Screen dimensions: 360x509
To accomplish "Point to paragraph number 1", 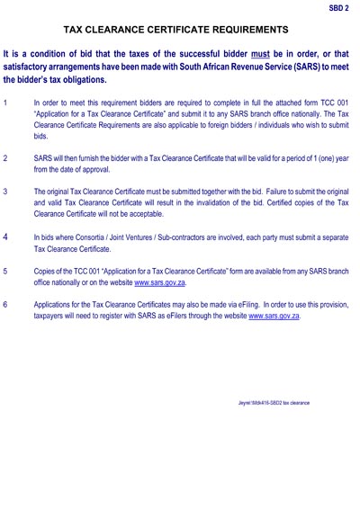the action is pyautogui.click(x=6, y=103).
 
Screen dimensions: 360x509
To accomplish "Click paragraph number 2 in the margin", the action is pyautogui.click(x=6, y=156).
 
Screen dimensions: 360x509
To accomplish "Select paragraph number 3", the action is pyautogui.click(x=6, y=192).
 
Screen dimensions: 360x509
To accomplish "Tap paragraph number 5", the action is pyautogui.click(x=6, y=270).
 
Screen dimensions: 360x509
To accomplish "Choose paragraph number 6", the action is pyautogui.click(x=6, y=304).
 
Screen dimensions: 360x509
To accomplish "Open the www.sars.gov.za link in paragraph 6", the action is pyautogui.click(x=274, y=317).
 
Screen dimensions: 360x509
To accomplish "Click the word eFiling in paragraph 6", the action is pyautogui.click(x=231, y=304).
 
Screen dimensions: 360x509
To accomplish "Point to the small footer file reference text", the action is pyautogui.click(x=267, y=402).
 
